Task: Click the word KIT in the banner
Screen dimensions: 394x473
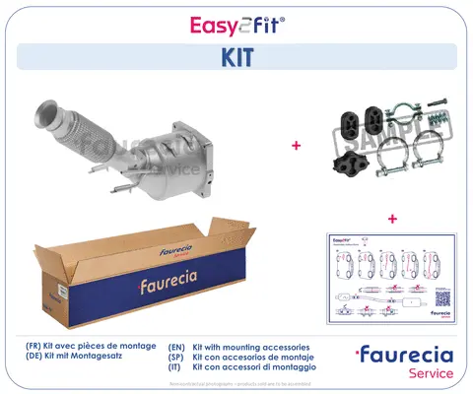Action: click(x=236, y=56)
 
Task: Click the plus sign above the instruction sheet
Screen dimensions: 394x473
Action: click(x=391, y=218)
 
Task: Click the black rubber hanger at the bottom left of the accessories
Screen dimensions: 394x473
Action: click(x=347, y=160)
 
